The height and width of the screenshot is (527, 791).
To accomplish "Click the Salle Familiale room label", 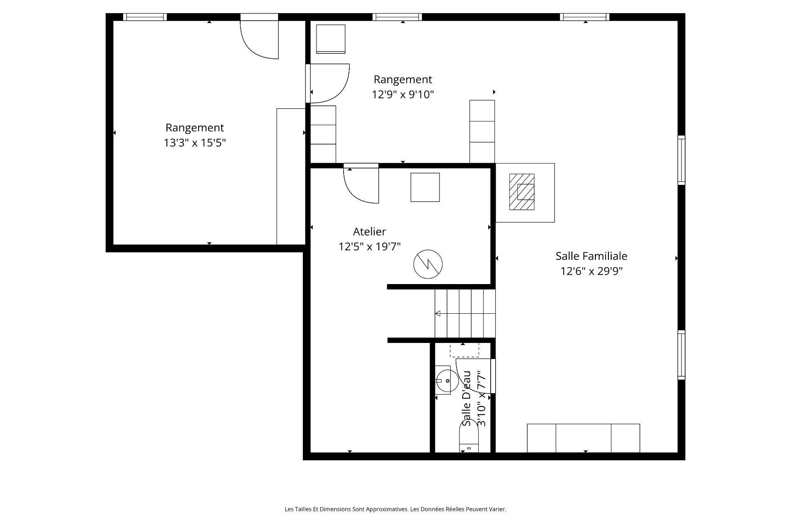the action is coord(591,256).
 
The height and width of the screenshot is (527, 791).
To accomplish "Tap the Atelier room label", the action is coord(370,231).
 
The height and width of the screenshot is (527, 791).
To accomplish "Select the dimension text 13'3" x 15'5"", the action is coord(195,143).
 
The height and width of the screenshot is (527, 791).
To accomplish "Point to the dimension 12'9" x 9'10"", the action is coord(403,95).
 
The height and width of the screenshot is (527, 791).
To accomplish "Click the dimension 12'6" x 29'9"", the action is coord(591,271).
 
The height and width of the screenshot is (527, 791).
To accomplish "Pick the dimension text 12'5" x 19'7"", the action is coord(370,247).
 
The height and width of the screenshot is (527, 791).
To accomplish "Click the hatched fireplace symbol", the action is coord(522,192).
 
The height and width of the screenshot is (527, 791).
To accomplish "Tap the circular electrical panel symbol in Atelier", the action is coord(428,264).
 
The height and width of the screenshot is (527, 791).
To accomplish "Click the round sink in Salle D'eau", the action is coord(447,381).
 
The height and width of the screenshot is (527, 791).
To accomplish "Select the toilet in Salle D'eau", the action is coord(469,437).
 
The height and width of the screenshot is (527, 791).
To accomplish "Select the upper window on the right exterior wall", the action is coord(681,160).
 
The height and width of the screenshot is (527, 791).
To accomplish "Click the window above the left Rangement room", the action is coord(145,17).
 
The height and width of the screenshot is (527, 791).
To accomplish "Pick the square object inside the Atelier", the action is coord(425,187).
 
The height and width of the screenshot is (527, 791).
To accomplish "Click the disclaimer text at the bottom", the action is coord(395,509).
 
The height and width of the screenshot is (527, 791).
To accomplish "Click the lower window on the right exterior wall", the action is coord(681,355).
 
